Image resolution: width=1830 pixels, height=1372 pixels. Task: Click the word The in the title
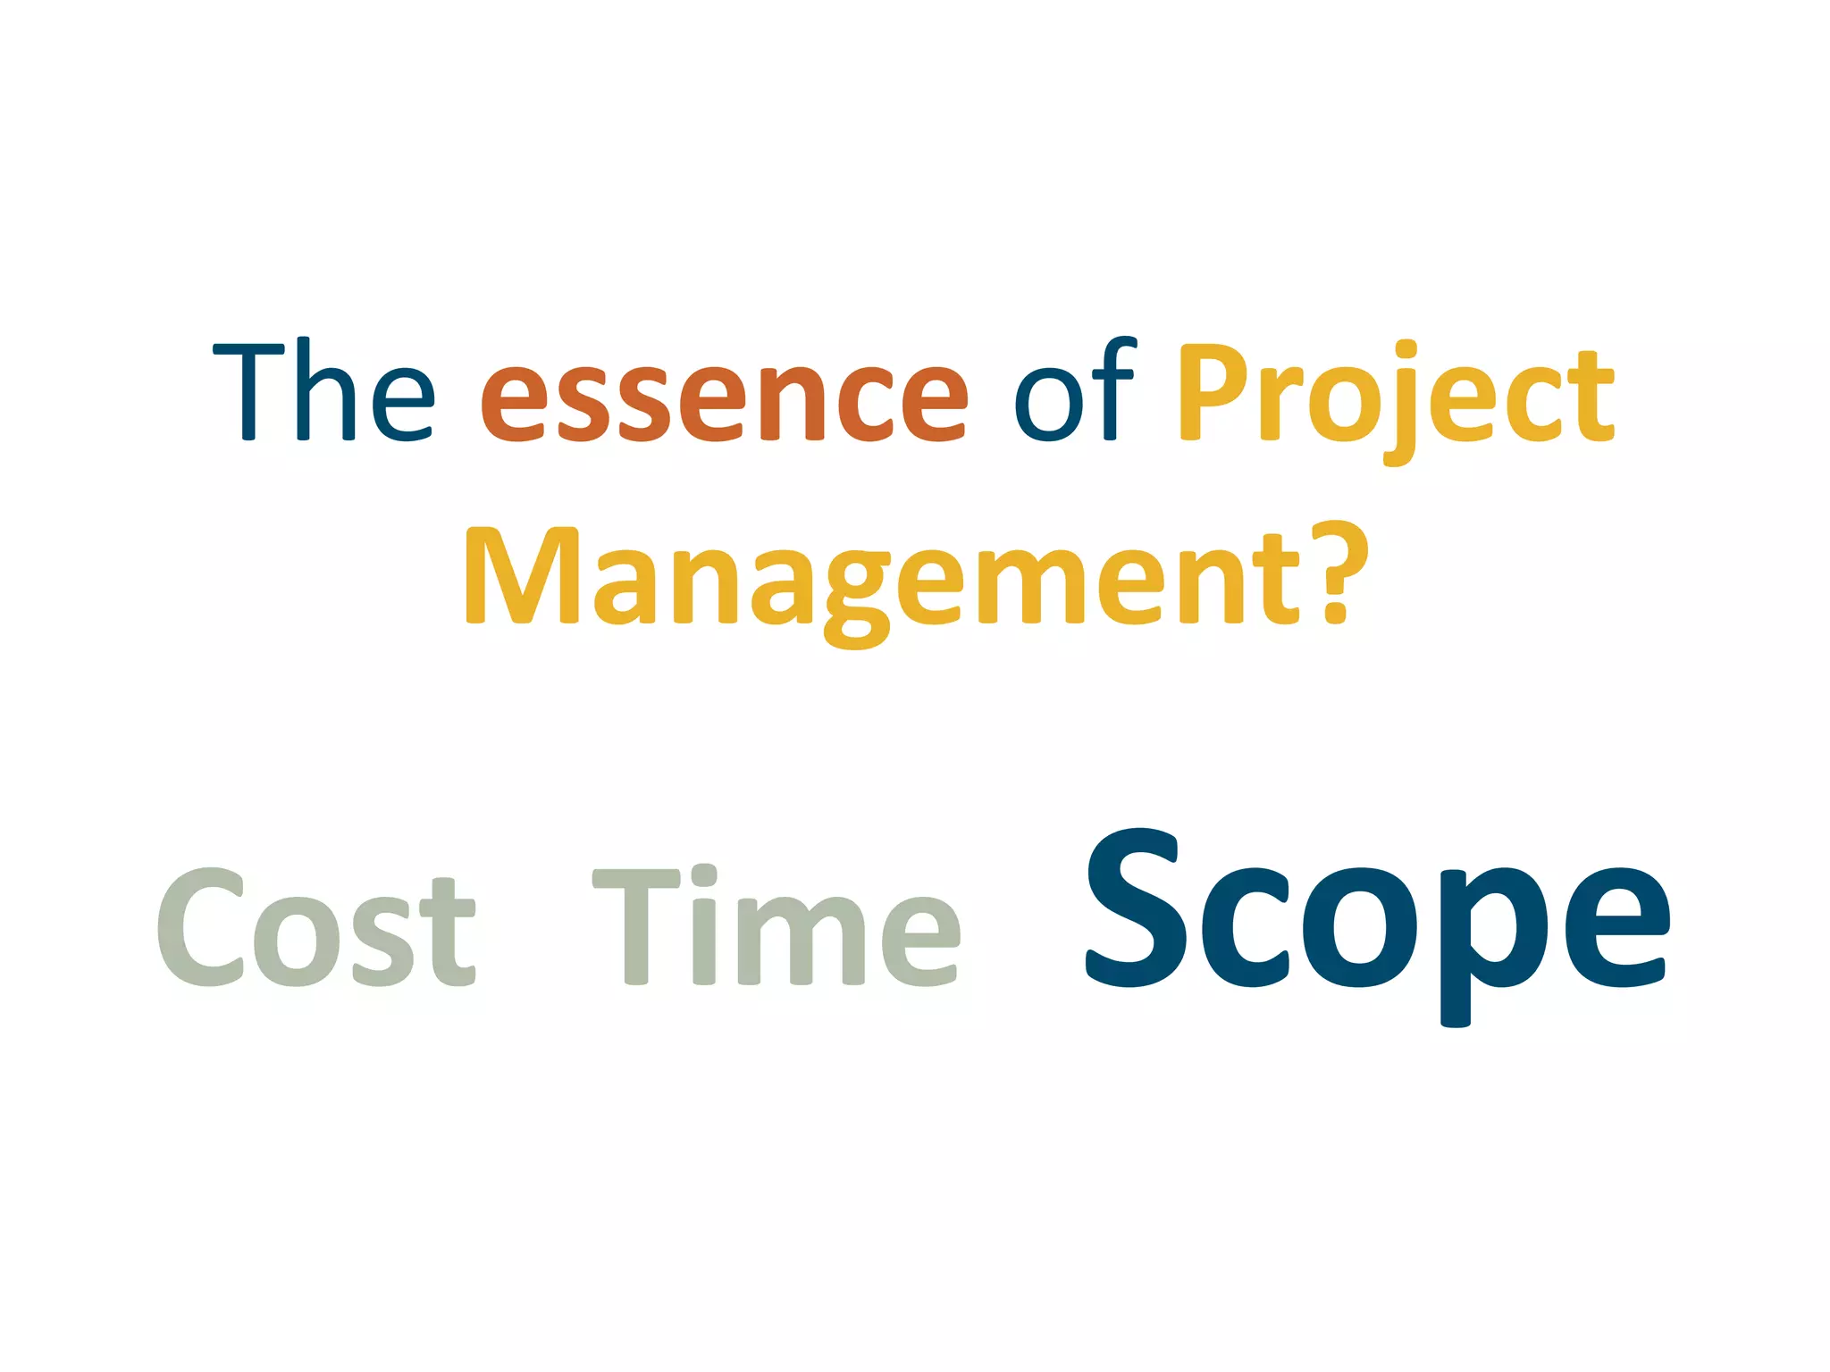tap(324, 391)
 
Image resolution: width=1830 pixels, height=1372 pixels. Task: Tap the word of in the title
tap(1075, 391)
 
